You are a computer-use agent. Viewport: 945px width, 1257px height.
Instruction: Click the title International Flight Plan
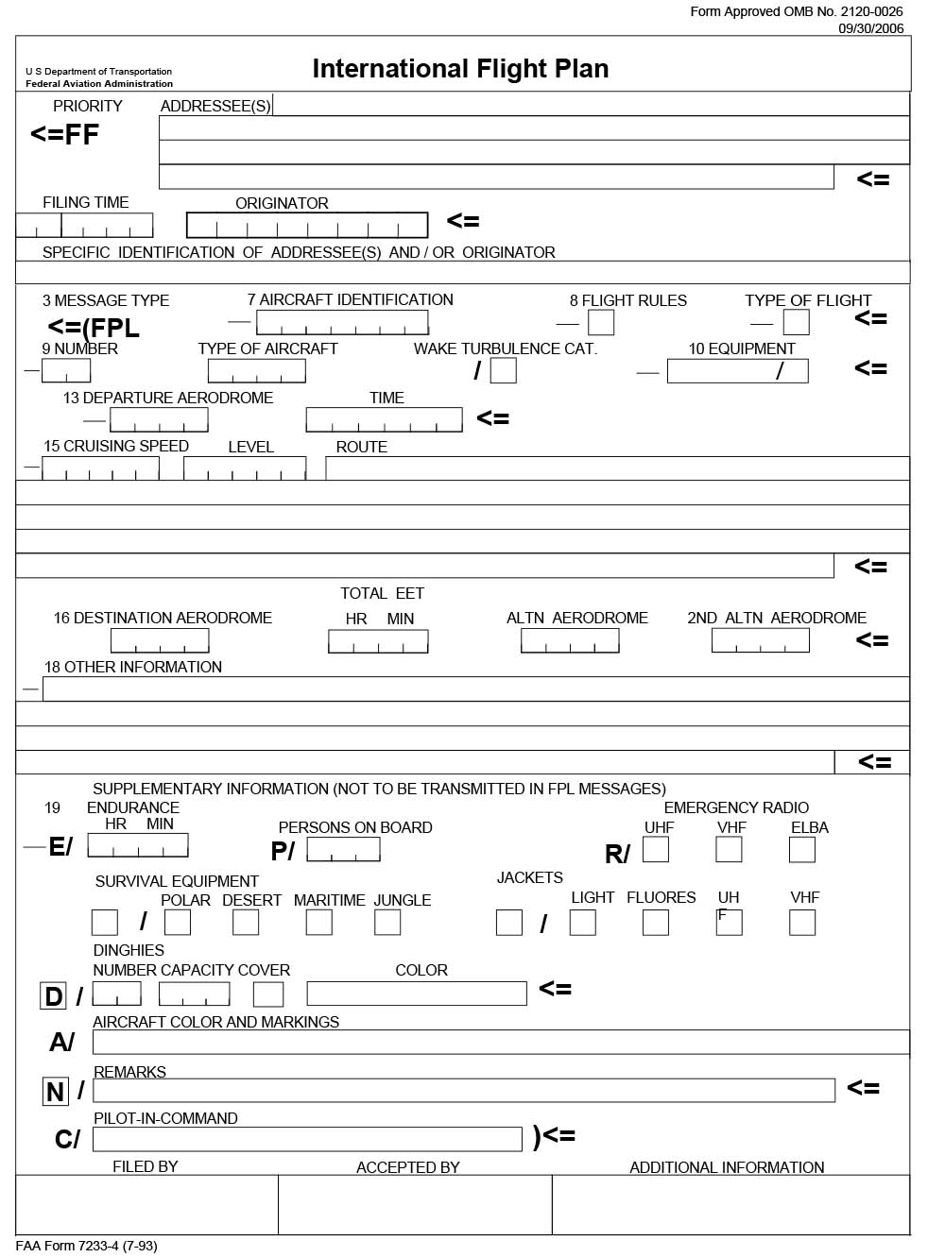tap(460, 69)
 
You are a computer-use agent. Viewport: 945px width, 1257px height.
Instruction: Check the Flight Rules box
tap(601, 323)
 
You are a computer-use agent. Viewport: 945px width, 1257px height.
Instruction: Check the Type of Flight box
tap(797, 323)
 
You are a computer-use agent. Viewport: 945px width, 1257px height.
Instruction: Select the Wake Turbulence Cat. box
tap(504, 370)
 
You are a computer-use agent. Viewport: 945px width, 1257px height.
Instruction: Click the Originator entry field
tap(307, 225)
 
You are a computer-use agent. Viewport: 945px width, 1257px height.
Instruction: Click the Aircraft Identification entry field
tap(342, 323)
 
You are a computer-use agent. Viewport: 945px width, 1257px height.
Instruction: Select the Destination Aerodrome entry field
tap(160, 641)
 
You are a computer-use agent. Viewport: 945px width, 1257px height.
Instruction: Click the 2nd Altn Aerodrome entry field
tap(761, 640)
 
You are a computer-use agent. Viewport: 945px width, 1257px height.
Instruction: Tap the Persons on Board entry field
tap(343, 850)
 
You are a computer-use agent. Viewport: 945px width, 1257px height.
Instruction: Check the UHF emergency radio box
tap(656, 850)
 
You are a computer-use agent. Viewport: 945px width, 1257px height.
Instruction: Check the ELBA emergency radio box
tap(802, 850)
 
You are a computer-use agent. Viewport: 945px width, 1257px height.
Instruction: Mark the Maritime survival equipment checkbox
tap(319, 923)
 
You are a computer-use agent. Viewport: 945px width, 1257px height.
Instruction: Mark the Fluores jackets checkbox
tap(656, 923)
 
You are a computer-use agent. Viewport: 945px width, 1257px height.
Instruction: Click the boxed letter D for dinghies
tap(53, 996)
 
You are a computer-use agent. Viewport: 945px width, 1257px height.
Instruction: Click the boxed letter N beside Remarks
tap(56, 1092)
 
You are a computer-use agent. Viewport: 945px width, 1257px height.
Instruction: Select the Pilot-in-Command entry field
tap(307, 1139)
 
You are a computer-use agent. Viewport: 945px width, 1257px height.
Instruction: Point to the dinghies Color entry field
tap(417, 994)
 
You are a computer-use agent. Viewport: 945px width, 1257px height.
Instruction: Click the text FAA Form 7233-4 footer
tap(86, 1247)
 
